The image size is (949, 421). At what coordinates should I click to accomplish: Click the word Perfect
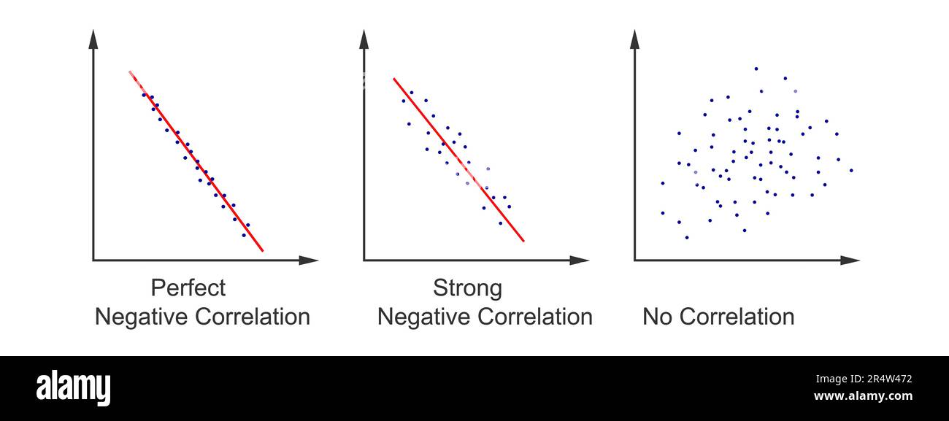tap(188, 288)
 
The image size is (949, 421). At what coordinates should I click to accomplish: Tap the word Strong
tap(467, 288)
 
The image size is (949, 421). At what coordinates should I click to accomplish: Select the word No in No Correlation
tap(656, 317)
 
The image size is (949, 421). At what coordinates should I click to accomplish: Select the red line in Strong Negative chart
tap(458, 159)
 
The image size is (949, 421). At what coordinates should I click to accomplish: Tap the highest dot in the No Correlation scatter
tap(756, 69)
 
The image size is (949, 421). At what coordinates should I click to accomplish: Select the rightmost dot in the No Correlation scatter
tap(850, 170)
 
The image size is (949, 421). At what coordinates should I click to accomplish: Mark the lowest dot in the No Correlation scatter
tap(686, 237)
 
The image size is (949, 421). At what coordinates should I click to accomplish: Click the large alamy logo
tap(74, 387)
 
